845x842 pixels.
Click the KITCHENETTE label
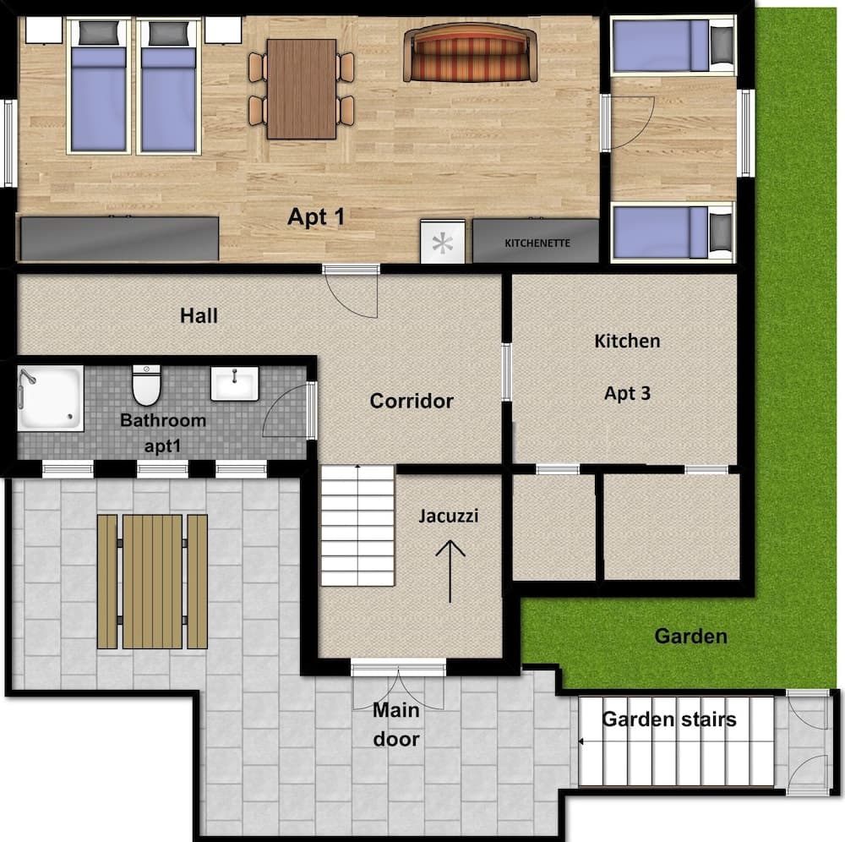tap(537, 243)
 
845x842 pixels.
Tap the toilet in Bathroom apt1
tap(146, 385)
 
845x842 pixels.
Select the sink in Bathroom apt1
tap(234, 384)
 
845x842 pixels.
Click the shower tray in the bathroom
tap(51, 397)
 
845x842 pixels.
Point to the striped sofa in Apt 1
tap(470, 52)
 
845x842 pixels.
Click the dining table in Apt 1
tap(301, 89)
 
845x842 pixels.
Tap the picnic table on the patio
tap(152, 581)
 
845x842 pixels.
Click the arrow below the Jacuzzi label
tap(450, 571)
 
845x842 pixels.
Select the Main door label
tap(396, 724)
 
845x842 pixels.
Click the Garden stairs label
tap(668, 719)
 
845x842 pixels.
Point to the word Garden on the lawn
tap(690, 637)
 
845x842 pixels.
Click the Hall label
tap(199, 316)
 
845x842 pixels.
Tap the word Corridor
tap(412, 402)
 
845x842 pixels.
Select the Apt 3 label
tap(627, 393)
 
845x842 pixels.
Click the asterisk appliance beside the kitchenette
tap(443, 243)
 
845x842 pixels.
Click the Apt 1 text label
tap(316, 217)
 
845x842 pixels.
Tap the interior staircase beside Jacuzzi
tap(357, 526)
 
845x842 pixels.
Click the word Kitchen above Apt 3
tap(627, 342)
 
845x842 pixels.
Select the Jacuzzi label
tap(449, 515)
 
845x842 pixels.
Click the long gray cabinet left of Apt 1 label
tap(119, 238)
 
